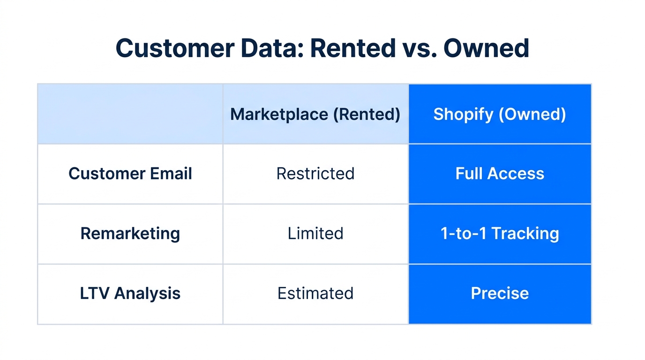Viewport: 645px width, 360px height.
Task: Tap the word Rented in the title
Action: click(x=352, y=48)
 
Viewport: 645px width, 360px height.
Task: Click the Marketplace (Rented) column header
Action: click(x=315, y=114)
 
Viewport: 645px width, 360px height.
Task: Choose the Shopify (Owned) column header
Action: click(x=500, y=114)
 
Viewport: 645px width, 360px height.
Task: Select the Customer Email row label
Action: click(x=130, y=174)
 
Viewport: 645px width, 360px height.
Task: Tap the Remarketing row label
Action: click(x=130, y=233)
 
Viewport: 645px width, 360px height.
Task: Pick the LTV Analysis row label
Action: click(x=130, y=293)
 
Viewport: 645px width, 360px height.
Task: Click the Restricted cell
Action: click(x=315, y=174)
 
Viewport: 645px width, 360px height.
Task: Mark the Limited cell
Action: click(x=315, y=233)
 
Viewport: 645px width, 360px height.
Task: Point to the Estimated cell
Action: click(x=315, y=293)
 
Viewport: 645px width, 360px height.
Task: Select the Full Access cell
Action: click(x=500, y=174)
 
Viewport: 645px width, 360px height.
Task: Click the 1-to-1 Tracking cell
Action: click(x=500, y=233)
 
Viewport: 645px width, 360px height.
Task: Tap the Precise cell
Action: click(x=500, y=293)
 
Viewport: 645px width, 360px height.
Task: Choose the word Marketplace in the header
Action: click(x=279, y=114)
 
